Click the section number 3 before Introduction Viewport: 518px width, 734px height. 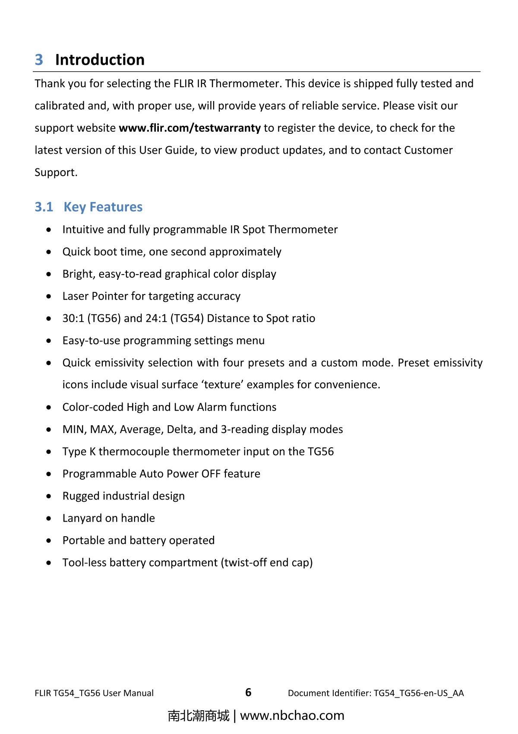(39, 60)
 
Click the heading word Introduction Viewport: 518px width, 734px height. (100, 60)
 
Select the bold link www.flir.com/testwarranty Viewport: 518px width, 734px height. (190, 128)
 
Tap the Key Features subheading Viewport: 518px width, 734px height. (103, 207)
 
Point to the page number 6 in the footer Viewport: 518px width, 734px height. (248, 693)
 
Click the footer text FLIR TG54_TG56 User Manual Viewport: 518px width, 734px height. (94, 693)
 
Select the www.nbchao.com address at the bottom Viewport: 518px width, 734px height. (292, 715)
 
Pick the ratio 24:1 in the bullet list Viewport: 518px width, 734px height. (157, 318)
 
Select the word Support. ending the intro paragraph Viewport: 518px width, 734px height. (56, 172)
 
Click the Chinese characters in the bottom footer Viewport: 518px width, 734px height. (199, 715)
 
